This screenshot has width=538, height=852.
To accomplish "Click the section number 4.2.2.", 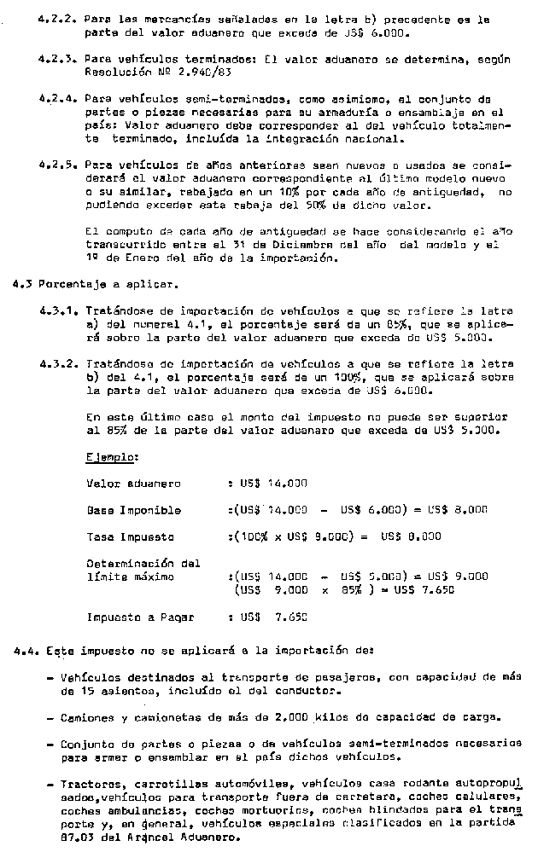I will pos(57,17).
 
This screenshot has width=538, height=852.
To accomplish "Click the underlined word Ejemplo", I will pos(112,457).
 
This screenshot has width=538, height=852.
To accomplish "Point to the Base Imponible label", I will pos(134,510).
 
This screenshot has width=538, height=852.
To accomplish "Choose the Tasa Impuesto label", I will pos(131,537).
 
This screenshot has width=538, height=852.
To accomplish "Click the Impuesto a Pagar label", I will pos(141,616).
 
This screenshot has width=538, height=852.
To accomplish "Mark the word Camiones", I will pos(87,717).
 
